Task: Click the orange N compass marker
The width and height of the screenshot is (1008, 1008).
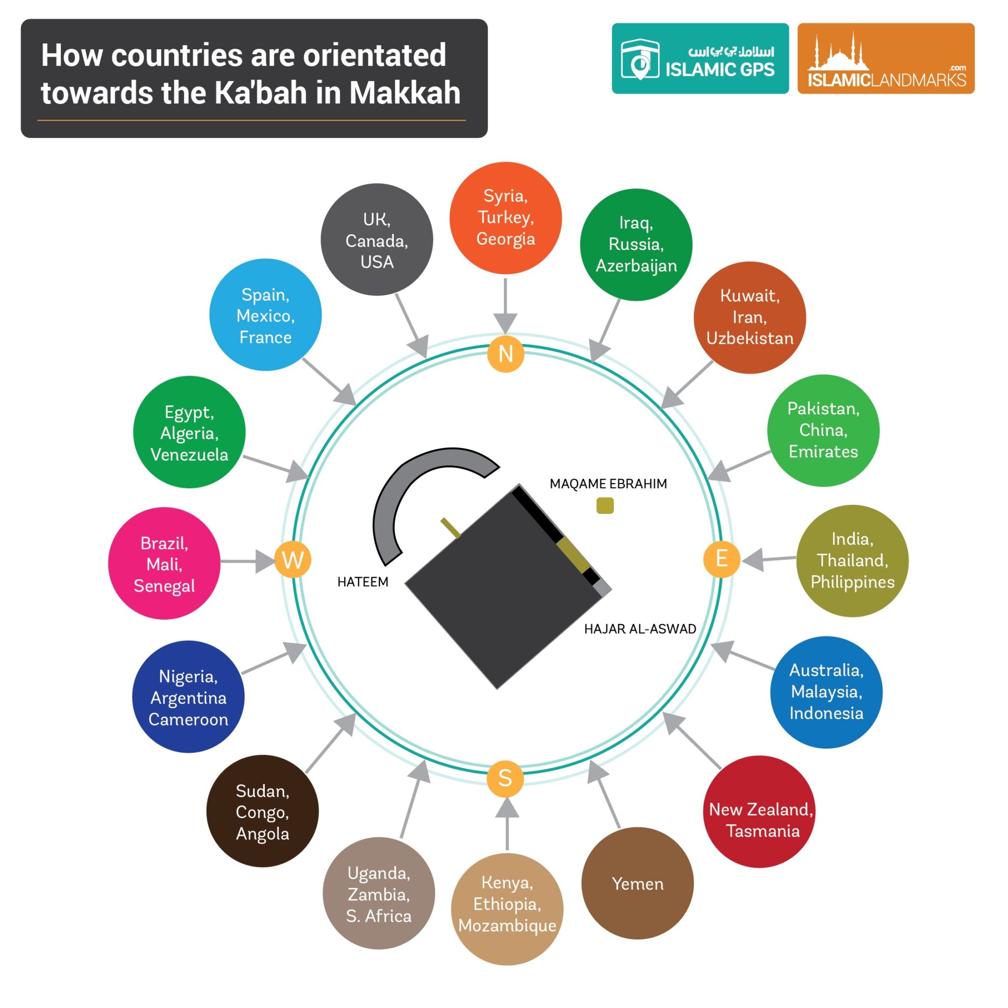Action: pyautogui.click(x=505, y=354)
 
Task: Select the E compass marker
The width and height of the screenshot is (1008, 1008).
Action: pyautogui.click(x=722, y=559)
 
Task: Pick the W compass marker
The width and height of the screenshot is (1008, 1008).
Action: pyautogui.click(x=293, y=560)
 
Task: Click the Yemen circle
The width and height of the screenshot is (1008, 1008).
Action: pyautogui.click(x=637, y=883)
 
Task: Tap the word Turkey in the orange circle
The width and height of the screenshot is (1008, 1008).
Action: pyautogui.click(x=505, y=217)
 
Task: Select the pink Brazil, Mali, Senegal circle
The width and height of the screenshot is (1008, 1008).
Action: pyautogui.click(x=164, y=564)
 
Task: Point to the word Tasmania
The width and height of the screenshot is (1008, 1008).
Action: pyautogui.click(x=762, y=831)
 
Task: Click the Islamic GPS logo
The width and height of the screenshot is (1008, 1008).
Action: pyautogui.click(x=700, y=59)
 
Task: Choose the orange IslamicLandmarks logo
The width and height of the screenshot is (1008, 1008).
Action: pyautogui.click(x=885, y=59)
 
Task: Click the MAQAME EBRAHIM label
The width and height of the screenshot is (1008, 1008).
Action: pyautogui.click(x=608, y=484)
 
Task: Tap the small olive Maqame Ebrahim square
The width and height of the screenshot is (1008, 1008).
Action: pyautogui.click(x=605, y=505)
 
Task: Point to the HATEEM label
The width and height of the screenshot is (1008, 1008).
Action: pyautogui.click(x=363, y=582)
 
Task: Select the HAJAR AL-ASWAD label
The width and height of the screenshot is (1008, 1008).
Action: pyautogui.click(x=640, y=629)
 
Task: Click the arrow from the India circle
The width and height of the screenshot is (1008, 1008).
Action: pyautogui.click(x=767, y=559)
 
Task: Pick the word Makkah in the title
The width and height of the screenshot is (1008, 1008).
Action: pyautogui.click(x=405, y=93)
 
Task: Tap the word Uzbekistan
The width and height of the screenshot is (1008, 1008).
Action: pyautogui.click(x=750, y=338)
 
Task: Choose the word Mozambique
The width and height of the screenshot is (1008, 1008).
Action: pyautogui.click(x=507, y=926)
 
